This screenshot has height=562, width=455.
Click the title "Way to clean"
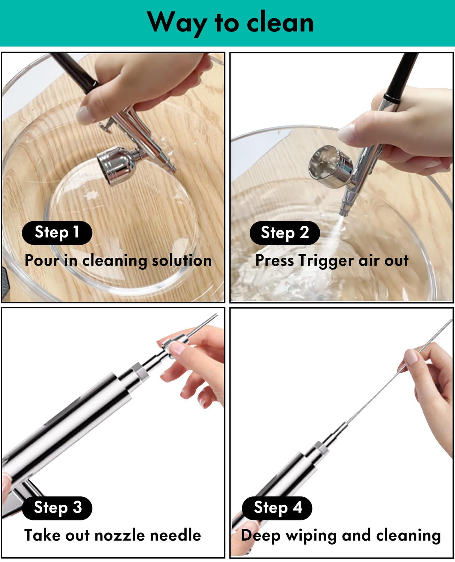coord(230,22)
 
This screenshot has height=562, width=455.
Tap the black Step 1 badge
coord(57,233)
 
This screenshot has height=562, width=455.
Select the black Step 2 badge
coord(284,233)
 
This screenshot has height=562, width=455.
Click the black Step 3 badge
coord(57,508)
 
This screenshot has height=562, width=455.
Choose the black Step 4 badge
coord(277,508)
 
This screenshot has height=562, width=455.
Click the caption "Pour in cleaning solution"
coord(118,260)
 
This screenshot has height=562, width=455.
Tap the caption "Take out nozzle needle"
coord(112,535)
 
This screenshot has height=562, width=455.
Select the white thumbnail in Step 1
coord(85,115)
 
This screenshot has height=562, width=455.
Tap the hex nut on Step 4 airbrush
coord(320,448)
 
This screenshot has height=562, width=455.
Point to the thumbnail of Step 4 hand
coord(411,356)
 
